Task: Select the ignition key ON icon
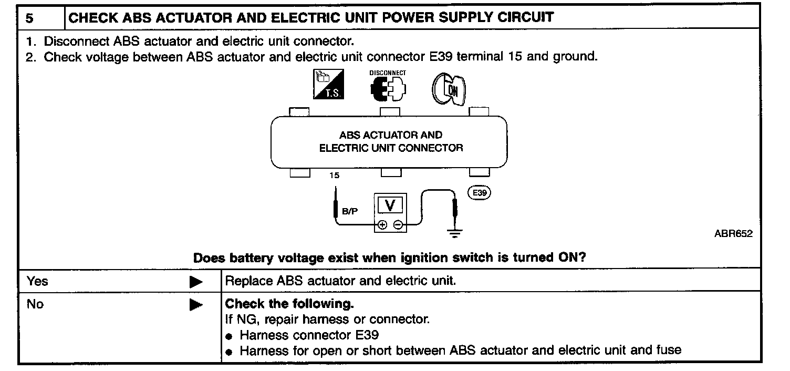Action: (x=451, y=86)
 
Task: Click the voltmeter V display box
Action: (x=390, y=204)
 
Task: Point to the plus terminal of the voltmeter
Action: (x=383, y=225)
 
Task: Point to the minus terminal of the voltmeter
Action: (x=398, y=225)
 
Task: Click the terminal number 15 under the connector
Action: (x=335, y=176)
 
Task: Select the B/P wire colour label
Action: (x=349, y=212)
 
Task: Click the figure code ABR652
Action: (x=733, y=234)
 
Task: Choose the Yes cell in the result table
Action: (x=37, y=281)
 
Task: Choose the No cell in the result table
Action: (x=35, y=304)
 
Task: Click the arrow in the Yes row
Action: (x=196, y=282)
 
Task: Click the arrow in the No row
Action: (x=196, y=305)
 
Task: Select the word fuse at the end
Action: (x=669, y=349)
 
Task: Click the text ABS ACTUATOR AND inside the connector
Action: (x=391, y=135)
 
